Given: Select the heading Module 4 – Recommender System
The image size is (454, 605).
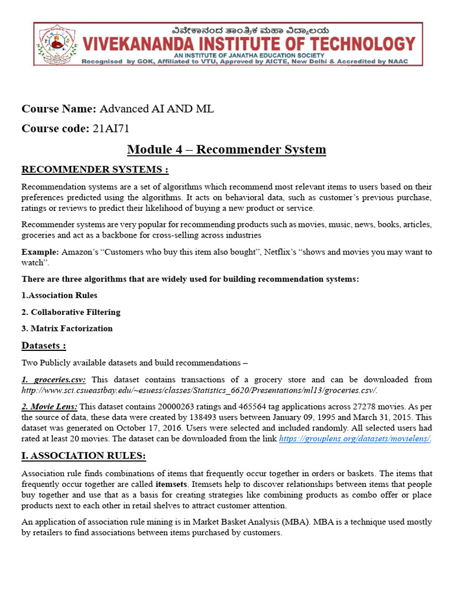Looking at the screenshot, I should click(x=226, y=149).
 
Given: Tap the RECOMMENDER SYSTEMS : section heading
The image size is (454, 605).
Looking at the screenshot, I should click(x=95, y=170).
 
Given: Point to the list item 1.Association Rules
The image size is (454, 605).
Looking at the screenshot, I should click(x=60, y=295).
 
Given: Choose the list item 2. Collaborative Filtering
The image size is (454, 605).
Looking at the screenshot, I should click(x=71, y=311).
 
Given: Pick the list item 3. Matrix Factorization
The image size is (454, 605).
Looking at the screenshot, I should click(x=67, y=328).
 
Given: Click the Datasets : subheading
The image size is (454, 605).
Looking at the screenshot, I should click(x=44, y=345).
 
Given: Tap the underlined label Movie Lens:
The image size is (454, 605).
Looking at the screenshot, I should click(x=49, y=406).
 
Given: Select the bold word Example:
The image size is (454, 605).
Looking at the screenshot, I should click(x=39, y=252).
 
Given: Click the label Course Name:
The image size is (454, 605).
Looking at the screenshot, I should click(x=59, y=109).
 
